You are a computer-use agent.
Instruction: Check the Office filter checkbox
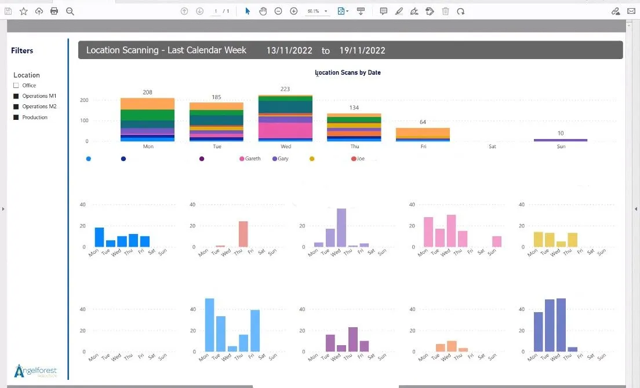[16, 86]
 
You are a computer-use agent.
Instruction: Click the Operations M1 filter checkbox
[16, 96]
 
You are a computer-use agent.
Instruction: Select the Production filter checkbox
[16, 118]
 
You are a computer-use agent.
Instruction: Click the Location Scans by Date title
[348, 73]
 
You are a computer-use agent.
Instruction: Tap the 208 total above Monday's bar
[147, 93]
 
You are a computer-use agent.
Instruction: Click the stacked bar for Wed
[285, 118]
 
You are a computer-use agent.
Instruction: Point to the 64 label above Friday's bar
[423, 122]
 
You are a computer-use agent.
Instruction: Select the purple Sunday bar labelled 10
[561, 140]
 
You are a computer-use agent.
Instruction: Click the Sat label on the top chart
[492, 147]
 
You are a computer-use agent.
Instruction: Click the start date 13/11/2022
[288, 51]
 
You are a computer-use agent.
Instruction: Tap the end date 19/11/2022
[362, 51]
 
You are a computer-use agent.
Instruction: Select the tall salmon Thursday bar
[243, 235]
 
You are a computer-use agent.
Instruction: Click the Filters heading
[22, 51]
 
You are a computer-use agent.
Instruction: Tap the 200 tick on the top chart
[84, 100]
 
